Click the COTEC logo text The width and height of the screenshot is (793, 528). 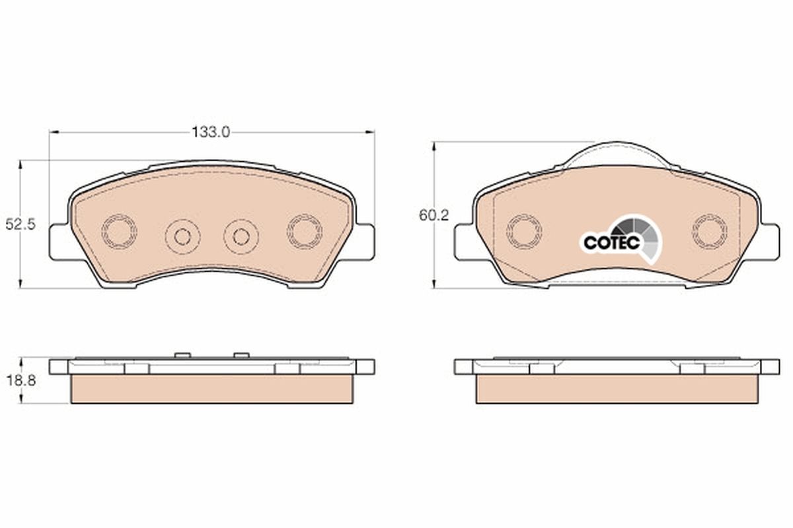click(611, 242)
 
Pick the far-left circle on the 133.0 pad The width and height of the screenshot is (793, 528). click(120, 230)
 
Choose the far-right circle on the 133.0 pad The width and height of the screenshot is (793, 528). click(304, 230)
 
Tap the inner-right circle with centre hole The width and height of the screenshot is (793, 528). click(241, 236)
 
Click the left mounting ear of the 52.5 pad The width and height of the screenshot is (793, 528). click(59, 242)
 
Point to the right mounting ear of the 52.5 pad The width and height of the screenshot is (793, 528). click(365, 242)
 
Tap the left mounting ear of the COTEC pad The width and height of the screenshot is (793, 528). click(464, 242)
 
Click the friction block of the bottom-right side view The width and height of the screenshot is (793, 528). click(617, 389)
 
